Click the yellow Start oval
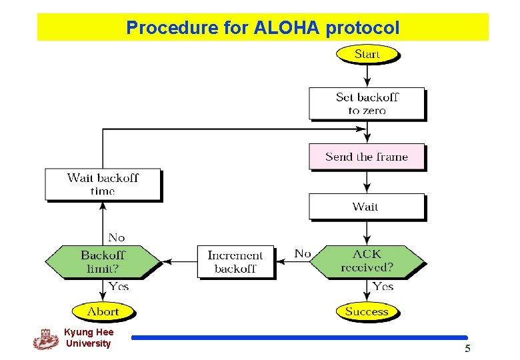tap(367, 54)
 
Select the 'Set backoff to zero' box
tap(367, 103)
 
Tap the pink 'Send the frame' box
tap(367, 157)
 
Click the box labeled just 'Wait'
tap(367, 207)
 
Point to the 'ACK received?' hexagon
tap(367, 261)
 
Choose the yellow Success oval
tap(367, 311)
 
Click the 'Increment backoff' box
tap(235, 261)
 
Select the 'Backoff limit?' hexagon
tap(103, 261)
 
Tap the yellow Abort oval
tap(103, 311)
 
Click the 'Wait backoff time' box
tap(103, 184)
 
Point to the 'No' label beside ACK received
tap(303, 253)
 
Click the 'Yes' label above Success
tap(383, 286)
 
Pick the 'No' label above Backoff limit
tap(117, 237)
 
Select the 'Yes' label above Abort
tap(119, 286)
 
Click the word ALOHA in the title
tap(287, 27)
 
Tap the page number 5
tap(467, 349)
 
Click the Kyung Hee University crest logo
tap(46, 339)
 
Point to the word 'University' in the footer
tap(88, 343)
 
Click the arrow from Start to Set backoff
tap(367, 75)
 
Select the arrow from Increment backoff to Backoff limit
tap(179, 261)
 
